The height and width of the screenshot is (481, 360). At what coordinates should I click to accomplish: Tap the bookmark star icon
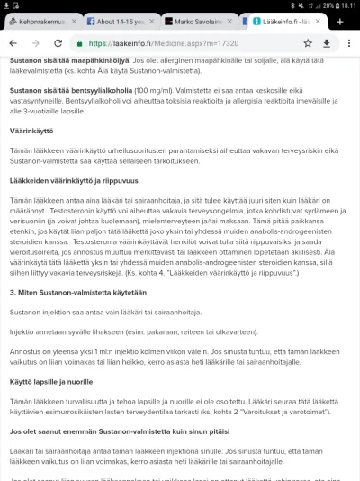click(307, 42)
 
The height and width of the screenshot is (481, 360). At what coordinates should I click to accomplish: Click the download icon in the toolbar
click(326, 42)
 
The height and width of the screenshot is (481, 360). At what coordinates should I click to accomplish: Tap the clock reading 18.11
click(346, 5)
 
